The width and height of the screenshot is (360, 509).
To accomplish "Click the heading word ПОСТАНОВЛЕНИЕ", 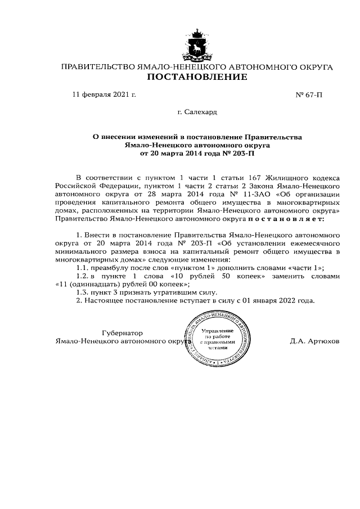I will click(x=197, y=78).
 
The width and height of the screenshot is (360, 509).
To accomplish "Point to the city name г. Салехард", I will click(x=197, y=112).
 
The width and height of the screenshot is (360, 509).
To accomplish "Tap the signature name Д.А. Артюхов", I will click(x=316, y=341).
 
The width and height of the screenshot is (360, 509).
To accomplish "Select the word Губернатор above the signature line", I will click(x=122, y=333).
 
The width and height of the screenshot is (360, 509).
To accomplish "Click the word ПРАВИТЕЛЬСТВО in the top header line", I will click(x=97, y=67).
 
